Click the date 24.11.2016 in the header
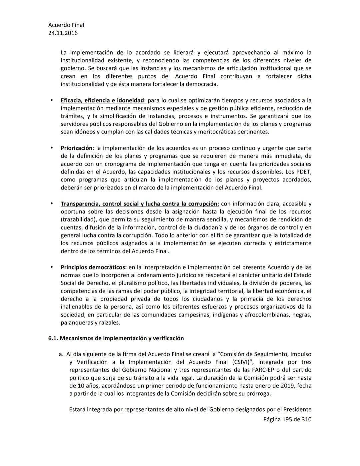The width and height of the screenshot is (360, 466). coord(63,33)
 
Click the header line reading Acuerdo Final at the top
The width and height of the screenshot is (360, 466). coord(66,25)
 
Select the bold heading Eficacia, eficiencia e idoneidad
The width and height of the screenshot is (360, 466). coord(102,100)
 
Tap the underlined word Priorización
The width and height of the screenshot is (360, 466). coord(76,148)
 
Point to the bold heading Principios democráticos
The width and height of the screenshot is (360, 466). coord(93,267)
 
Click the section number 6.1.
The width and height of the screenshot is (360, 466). coord(53,338)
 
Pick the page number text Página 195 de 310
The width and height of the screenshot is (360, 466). coord(287,419)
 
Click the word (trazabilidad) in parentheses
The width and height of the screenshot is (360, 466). coord(77,219)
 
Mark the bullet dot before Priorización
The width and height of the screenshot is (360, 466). coord(52,147)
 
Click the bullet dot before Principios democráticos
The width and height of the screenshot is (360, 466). coord(52,267)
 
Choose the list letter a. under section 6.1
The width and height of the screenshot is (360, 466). coord(61,354)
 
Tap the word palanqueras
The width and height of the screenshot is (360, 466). coord(77,323)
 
